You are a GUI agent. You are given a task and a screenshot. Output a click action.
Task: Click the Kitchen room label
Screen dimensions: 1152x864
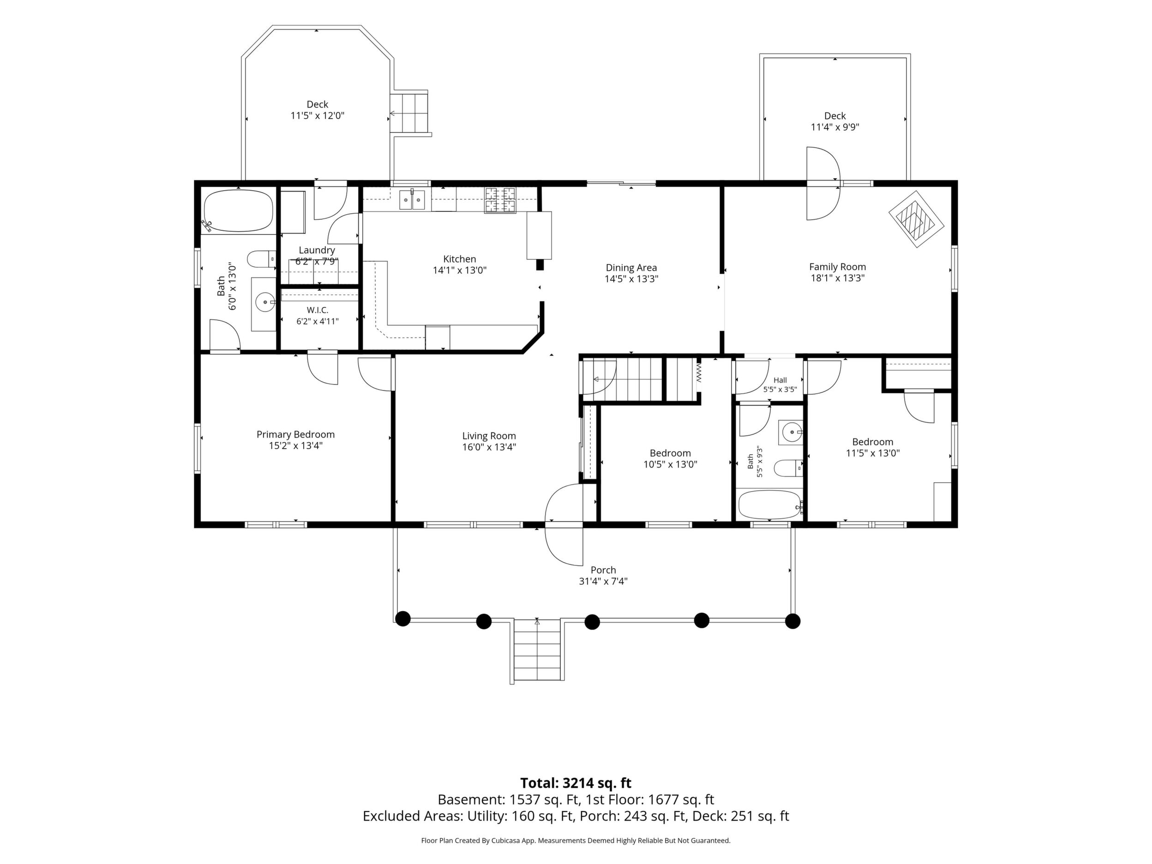pyautogui.click(x=459, y=259)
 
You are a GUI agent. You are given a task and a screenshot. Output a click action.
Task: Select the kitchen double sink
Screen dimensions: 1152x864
pyautogui.click(x=413, y=199)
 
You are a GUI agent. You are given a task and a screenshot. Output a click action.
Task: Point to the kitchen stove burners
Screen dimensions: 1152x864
pyautogui.click(x=500, y=200)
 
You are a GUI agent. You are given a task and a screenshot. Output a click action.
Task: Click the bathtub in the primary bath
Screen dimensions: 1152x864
pyautogui.click(x=238, y=210)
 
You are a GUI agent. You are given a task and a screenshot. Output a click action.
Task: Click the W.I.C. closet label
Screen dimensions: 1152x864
pyautogui.click(x=317, y=310)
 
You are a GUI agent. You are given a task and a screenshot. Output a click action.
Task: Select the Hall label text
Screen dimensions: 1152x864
pyautogui.click(x=780, y=380)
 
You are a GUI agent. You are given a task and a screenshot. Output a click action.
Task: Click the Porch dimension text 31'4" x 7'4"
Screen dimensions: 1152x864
pyautogui.click(x=603, y=581)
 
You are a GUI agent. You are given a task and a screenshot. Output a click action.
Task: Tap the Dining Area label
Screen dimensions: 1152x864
pyautogui.click(x=631, y=268)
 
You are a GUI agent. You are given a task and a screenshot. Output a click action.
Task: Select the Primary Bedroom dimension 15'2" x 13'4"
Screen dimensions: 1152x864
pyautogui.click(x=295, y=446)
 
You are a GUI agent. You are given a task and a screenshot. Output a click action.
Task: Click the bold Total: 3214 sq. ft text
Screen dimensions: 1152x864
pyautogui.click(x=576, y=783)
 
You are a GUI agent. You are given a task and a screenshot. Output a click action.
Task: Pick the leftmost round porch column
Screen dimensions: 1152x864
pyautogui.click(x=402, y=619)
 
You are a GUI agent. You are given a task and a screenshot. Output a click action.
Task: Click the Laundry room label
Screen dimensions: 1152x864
pyautogui.click(x=317, y=250)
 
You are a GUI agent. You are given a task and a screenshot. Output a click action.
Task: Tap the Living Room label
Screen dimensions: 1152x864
pyautogui.click(x=489, y=436)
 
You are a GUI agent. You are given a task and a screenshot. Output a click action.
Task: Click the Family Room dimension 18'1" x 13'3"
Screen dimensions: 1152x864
pyautogui.click(x=837, y=278)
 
